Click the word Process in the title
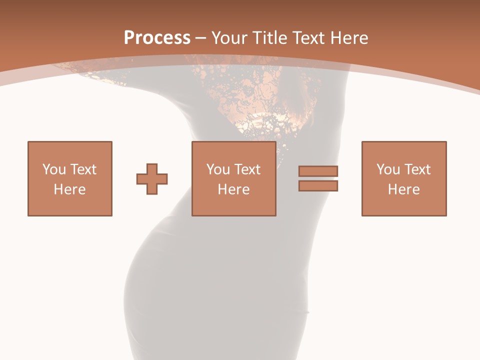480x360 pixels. coord(157,38)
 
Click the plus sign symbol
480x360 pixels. coord(152,178)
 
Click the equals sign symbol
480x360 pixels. coord(318,178)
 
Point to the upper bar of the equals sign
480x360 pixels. coord(318,171)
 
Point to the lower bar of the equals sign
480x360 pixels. coord(318,186)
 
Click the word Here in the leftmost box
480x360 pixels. coord(70,189)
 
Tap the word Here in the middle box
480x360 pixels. coord(234,189)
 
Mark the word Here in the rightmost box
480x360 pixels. coord(404,189)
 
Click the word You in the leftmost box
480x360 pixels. coord(53,169)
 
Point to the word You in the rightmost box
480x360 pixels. coord(387,169)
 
